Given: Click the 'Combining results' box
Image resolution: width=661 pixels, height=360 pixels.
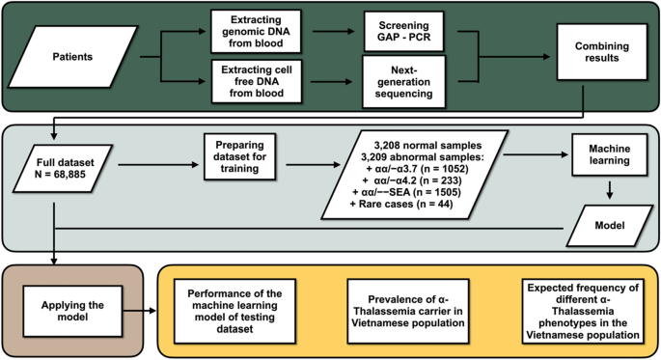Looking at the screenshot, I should pyautogui.click(x=596, y=57).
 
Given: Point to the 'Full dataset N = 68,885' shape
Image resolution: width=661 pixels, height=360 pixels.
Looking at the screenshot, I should pyautogui.click(x=63, y=166).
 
